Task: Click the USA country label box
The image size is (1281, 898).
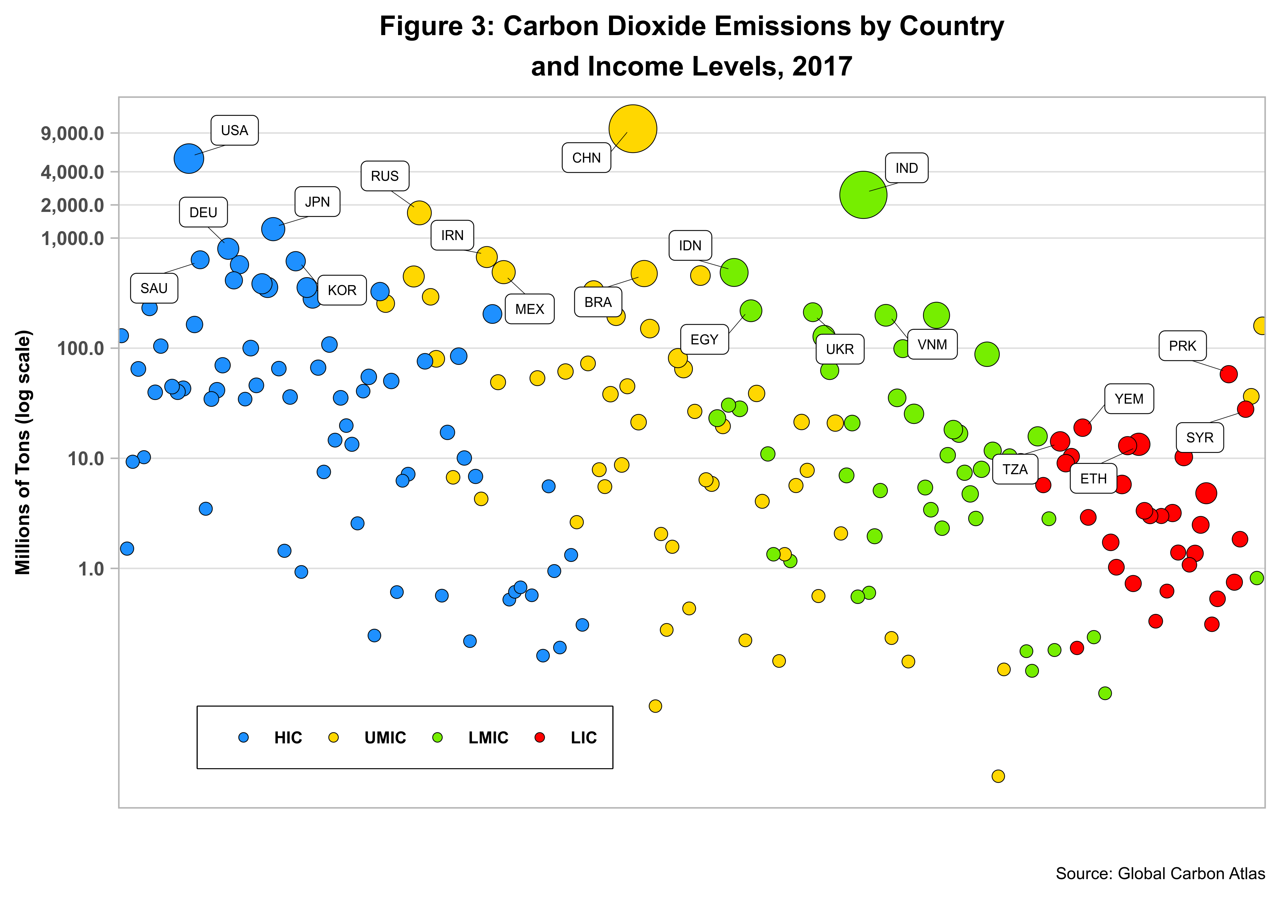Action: (x=234, y=130)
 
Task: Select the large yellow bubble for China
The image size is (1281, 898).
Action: (x=632, y=129)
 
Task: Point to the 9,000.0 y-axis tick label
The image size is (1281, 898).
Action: (x=73, y=134)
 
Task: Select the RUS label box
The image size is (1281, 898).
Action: (x=384, y=176)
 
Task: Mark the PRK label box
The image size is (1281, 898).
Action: (x=1182, y=346)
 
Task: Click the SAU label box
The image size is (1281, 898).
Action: (x=154, y=288)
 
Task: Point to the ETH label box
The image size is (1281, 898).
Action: (x=1093, y=478)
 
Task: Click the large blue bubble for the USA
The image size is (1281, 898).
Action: (x=188, y=159)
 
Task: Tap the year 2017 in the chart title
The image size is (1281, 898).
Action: (x=822, y=66)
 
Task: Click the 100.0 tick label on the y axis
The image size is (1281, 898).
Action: (x=81, y=349)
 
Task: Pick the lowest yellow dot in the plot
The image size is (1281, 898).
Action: (x=998, y=776)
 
